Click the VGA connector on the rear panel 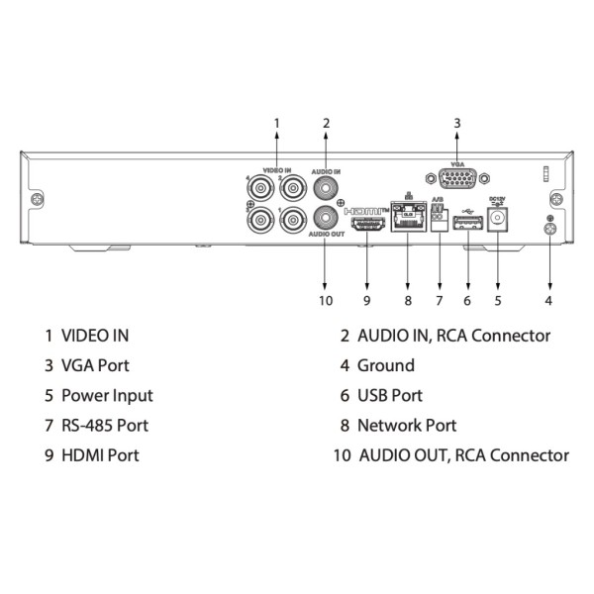(457, 180)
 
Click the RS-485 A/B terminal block (438, 223)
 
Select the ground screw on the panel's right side (549, 230)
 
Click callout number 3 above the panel (457, 123)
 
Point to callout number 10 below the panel (326, 299)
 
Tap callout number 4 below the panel (548, 299)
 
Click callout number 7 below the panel (439, 299)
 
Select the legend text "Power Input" (107, 395)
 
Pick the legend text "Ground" (386, 365)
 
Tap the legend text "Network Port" (407, 425)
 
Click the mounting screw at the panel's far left (37, 200)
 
